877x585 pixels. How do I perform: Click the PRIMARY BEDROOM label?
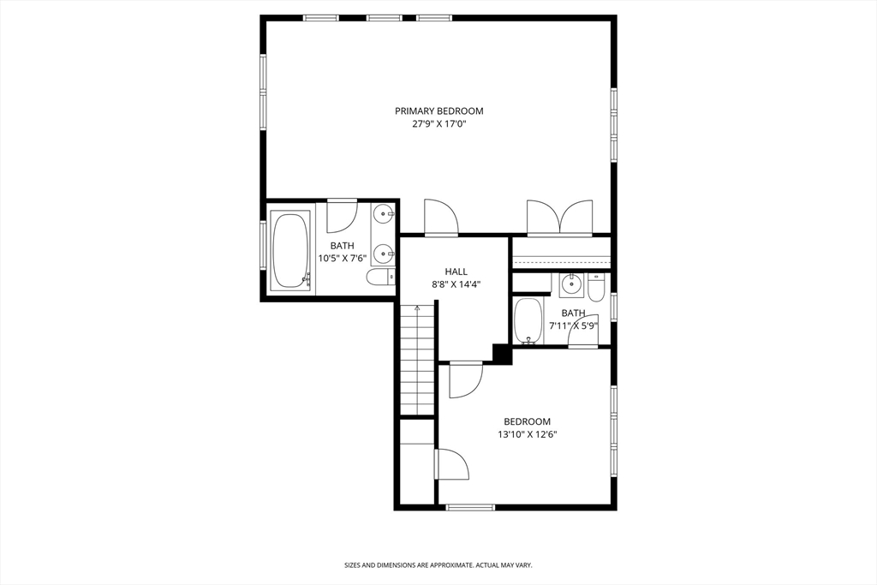(438, 110)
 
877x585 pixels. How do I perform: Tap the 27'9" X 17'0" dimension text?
(438, 124)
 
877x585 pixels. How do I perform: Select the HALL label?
(456, 272)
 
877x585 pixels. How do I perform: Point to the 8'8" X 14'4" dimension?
(456, 284)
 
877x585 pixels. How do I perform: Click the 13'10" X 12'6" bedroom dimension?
(527, 434)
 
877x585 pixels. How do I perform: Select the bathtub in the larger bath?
(290, 250)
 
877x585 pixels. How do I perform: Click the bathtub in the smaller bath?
(528, 321)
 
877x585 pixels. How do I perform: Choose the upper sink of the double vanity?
(384, 214)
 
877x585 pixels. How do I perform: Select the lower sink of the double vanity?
(384, 252)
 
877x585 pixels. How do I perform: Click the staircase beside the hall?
(417, 360)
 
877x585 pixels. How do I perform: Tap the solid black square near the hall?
(502, 353)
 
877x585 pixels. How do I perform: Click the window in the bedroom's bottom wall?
(470, 507)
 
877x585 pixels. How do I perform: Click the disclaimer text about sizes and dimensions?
(438, 565)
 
